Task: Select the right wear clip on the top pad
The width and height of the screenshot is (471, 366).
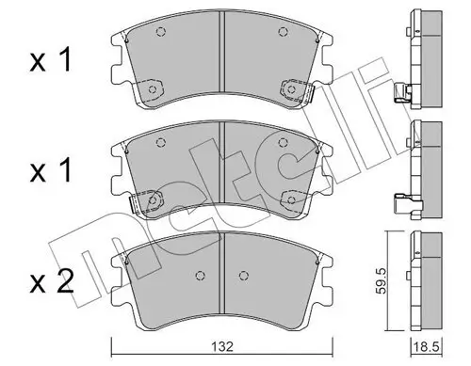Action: pyautogui.click(x=289, y=91)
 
